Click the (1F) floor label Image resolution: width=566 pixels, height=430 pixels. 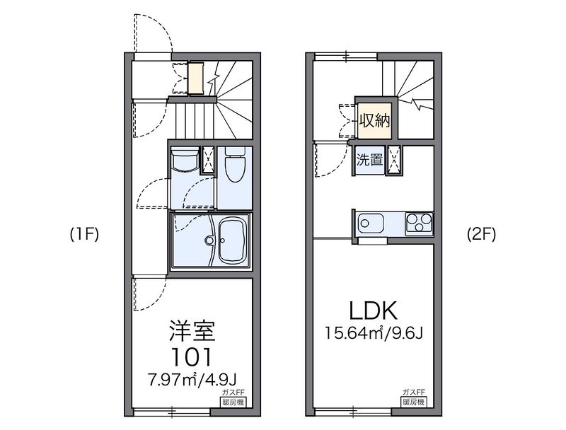83,234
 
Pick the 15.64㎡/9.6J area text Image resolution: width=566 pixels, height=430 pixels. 373,332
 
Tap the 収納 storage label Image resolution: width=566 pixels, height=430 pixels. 373,120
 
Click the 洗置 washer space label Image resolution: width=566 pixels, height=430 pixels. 369,161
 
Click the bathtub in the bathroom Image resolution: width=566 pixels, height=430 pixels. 233,241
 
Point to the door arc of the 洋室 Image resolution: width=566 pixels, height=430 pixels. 151,294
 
